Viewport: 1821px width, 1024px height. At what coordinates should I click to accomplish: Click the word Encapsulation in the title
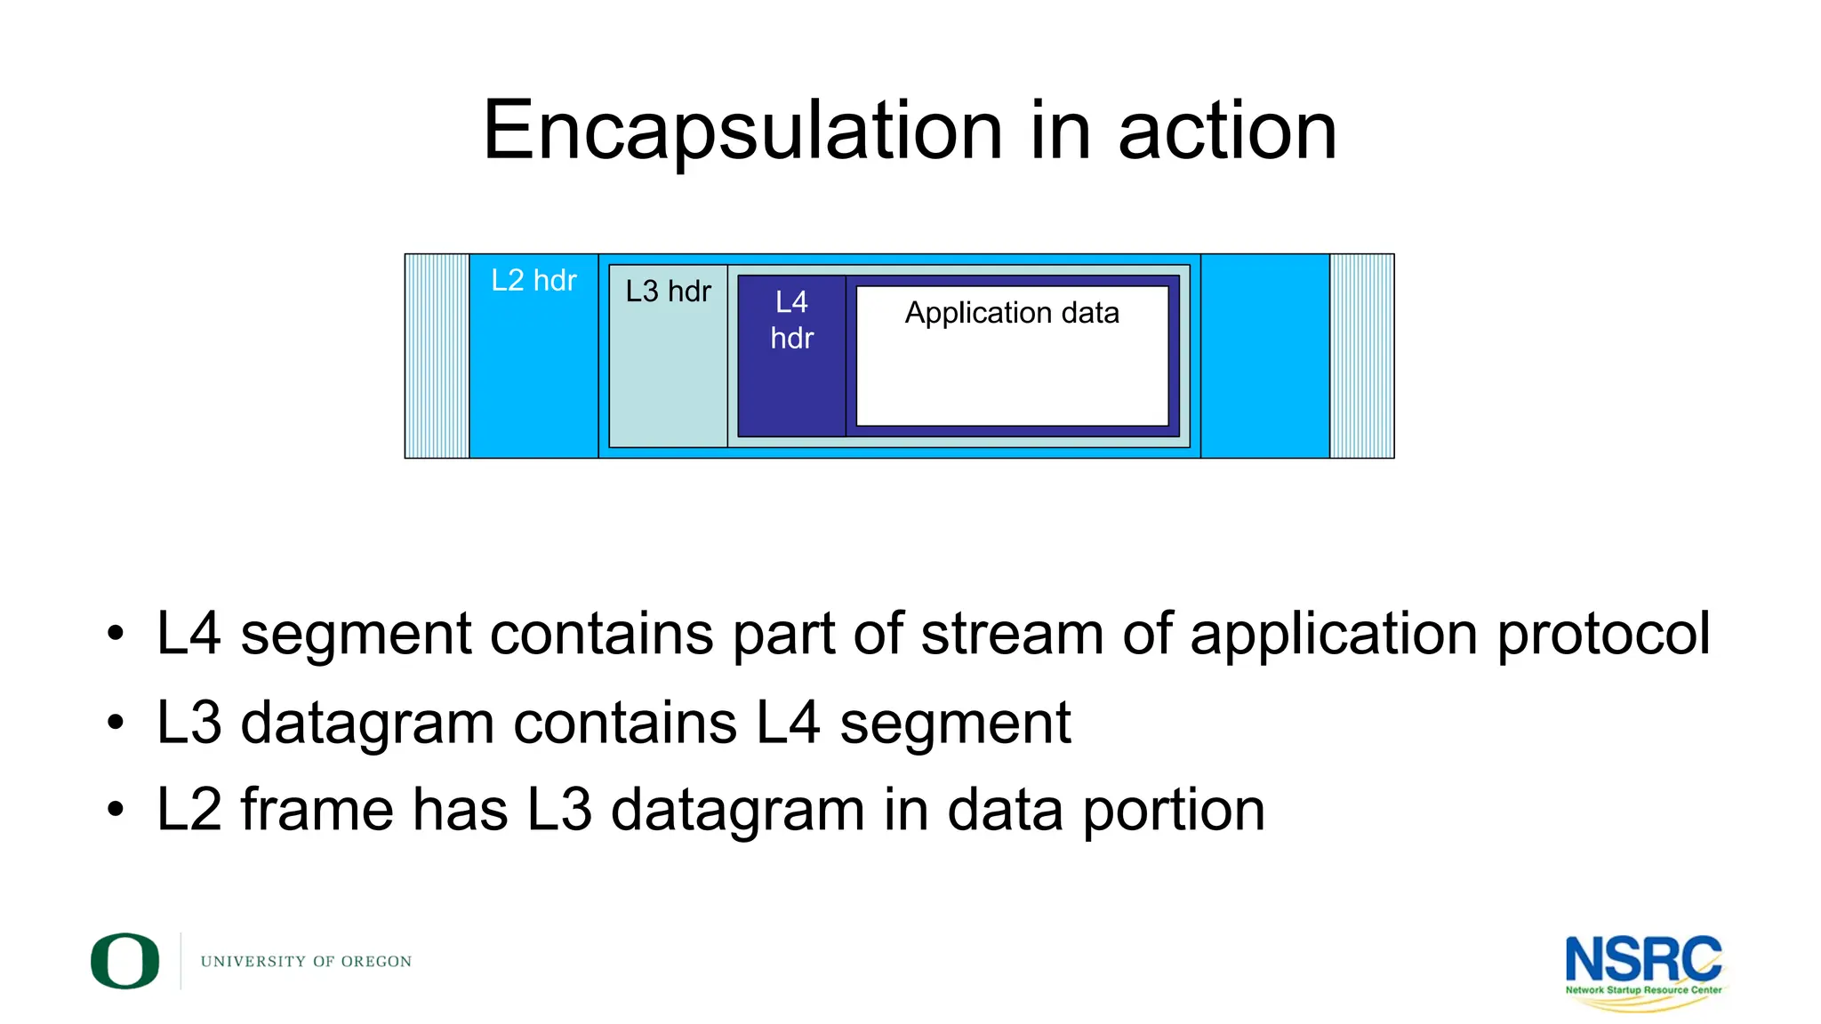[x=742, y=132]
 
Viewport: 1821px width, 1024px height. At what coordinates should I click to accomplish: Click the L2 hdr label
[x=533, y=281]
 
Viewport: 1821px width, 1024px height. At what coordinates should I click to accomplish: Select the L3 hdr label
[x=668, y=292]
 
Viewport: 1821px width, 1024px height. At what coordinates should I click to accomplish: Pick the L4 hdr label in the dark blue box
[x=791, y=320]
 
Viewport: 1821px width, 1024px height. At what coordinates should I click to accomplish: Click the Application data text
[x=1012, y=313]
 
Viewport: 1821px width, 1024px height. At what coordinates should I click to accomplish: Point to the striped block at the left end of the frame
[x=437, y=356]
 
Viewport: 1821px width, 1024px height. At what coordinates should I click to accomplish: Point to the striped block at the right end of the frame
[x=1361, y=356]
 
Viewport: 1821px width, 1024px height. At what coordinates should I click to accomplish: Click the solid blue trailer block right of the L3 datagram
[x=1264, y=356]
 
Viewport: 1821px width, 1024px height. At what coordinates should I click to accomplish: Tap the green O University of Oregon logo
[x=125, y=961]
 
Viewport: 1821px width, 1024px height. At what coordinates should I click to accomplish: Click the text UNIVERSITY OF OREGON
[x=306, y=962]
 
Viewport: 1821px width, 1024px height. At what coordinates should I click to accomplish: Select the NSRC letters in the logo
[x=1642, y=960]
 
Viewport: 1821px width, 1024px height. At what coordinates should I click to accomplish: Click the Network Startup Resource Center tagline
[x=1643, y=989]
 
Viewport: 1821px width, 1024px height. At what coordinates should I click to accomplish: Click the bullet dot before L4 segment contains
[x=115, y=635]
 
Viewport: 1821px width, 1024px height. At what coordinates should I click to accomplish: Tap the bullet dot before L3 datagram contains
[x=115, y=723]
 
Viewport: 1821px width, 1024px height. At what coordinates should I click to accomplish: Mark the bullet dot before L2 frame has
[x=115, y=810]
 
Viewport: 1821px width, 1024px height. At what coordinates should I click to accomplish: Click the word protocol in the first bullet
[x=1603, y=635]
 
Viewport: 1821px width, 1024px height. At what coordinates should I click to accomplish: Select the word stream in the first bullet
[x=1013, y=635]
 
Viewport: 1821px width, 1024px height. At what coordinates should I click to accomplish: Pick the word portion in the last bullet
[x=1173, y=811]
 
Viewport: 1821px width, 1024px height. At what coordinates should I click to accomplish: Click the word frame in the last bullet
[x=317, y=811]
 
